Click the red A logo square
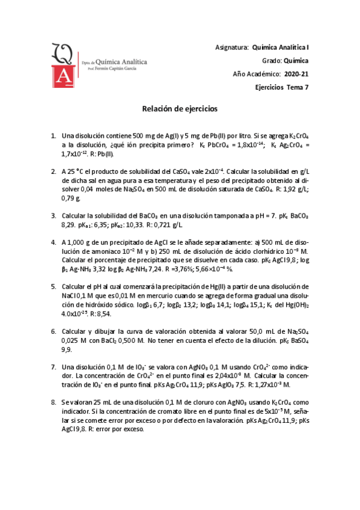point(62,75)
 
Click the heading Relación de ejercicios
point(179,109)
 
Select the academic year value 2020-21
point(296,74)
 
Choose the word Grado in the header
point(271,61)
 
